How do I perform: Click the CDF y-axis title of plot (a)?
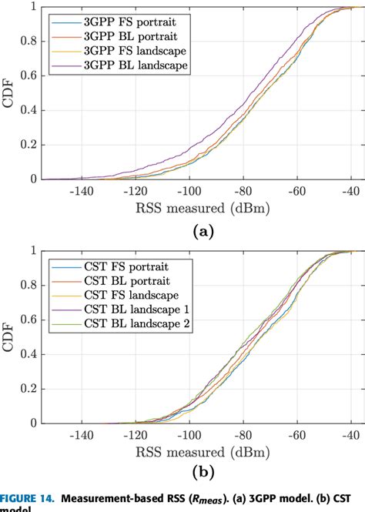tap(8, 92)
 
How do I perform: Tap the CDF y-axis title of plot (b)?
tap(8, 336)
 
